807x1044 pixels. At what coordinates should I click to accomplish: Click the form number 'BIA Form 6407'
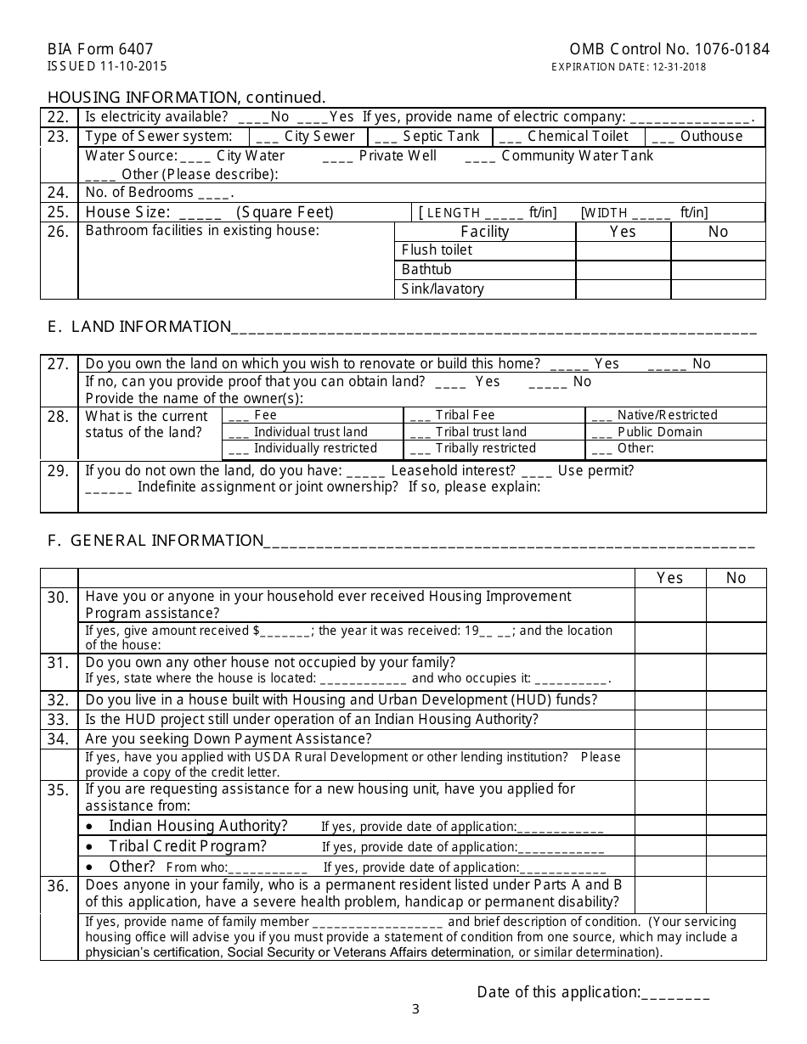[x=100, y=49]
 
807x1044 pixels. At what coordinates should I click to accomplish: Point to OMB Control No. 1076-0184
[x=669, y=49]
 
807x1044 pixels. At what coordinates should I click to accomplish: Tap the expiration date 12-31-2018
[x=629, y=67]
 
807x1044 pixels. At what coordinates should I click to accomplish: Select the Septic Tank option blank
[x=386, y=137]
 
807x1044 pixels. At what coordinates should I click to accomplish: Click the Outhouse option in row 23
[x=711, y=137]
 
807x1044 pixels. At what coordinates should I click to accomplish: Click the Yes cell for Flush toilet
[x=623, y=250]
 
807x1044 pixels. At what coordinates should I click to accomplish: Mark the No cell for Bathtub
[x=718, y=270]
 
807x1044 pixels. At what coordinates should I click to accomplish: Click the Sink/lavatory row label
[x=443, y=289]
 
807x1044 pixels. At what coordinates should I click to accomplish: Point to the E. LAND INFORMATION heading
[x=139, y=327]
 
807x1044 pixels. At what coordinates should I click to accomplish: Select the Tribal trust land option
[x=481, y=432]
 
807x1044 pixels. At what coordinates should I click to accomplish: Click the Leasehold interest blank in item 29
[x=366, y=471]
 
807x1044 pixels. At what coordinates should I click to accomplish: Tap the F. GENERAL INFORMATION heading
[x=155, y=541]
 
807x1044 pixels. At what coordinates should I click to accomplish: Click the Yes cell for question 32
[x=670, y=700]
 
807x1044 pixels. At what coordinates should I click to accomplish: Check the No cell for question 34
[x=736, y=739]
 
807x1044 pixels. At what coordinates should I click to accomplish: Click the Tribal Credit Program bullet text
[x=188, y=846]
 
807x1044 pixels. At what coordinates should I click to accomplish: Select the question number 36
[x=58, y=886]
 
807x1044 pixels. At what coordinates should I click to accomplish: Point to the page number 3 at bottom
[x=415, y=1009]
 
